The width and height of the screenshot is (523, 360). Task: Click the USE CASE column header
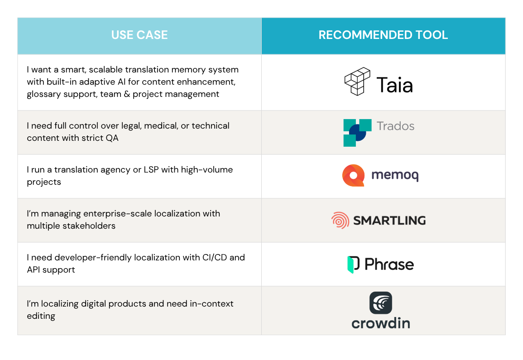point(139,35)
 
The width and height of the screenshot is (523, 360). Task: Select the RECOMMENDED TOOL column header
point(383,35)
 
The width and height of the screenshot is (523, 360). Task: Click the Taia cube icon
point(357,82)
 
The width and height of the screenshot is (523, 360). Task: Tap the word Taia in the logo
point(394,85)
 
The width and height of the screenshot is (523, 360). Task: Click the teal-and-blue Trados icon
point(357,133)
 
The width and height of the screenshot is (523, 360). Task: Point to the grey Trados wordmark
point(395,126)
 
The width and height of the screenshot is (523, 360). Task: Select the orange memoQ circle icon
point(353,176)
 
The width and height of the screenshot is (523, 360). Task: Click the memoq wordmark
point(394,176)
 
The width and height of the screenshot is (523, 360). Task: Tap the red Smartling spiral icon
point(340,221)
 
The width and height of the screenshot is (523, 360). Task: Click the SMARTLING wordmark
point(389,221)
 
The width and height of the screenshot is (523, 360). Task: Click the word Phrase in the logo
point(389,264)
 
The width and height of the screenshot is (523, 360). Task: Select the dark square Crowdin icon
point(380,303)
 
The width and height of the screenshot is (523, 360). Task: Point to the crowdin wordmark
point(380,323)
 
